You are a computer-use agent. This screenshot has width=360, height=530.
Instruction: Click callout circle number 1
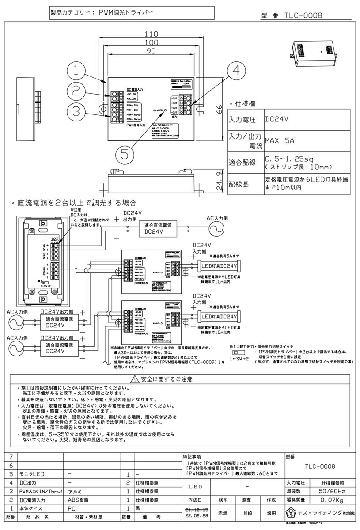[78, 70]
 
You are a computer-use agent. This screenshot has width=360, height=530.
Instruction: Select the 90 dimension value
[152, 52]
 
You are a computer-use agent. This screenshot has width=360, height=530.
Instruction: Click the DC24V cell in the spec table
[277, 119]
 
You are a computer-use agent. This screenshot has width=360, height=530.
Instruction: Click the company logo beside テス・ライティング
[291, 513]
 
